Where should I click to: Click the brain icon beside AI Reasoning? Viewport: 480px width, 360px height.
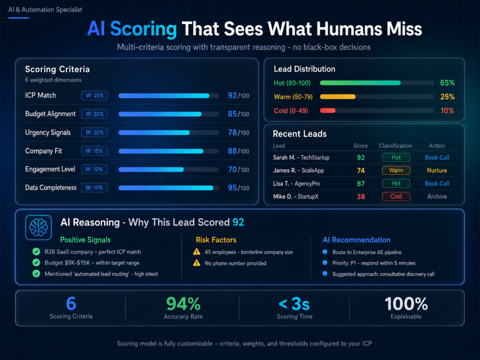click(x=38, y=228)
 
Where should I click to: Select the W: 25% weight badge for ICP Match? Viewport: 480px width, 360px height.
click(x=94, y=96)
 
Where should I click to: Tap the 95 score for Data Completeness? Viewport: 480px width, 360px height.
click(x=232, y=188)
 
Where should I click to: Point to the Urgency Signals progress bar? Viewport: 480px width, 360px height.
click(x=168, y=132)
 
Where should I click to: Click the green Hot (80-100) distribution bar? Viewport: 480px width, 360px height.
click(x=360, y=83)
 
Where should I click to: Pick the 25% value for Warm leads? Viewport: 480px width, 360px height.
click(x=447, y=97)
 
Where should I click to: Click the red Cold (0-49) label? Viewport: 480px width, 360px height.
click(x=291, y=110)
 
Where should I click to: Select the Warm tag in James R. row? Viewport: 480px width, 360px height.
click(x=396, y=170)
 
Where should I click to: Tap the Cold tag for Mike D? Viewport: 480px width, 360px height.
click(x=396, y=196)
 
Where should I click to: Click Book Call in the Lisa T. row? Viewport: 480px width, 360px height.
click(x=437, y=183)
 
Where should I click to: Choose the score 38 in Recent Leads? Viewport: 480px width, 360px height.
click(x=361, y=196)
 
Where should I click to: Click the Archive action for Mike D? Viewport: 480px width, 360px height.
click(x=437, y=196)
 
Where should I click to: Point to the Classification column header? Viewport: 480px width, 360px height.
click(x=395, y=146)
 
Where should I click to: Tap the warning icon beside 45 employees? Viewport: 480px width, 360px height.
click(x=196, y=252)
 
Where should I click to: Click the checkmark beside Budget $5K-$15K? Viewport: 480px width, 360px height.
click(x=36, y=263)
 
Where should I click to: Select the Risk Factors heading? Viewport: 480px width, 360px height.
click(x=216, y=240)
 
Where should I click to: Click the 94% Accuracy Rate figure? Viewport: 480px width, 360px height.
click(x=183, y=304)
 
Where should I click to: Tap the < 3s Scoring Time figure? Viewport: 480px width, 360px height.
click(x=294, y=304)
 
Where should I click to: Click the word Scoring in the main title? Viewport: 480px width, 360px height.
click(x=143, y=29)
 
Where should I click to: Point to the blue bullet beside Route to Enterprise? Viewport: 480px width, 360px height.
click(x=325, y=252)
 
